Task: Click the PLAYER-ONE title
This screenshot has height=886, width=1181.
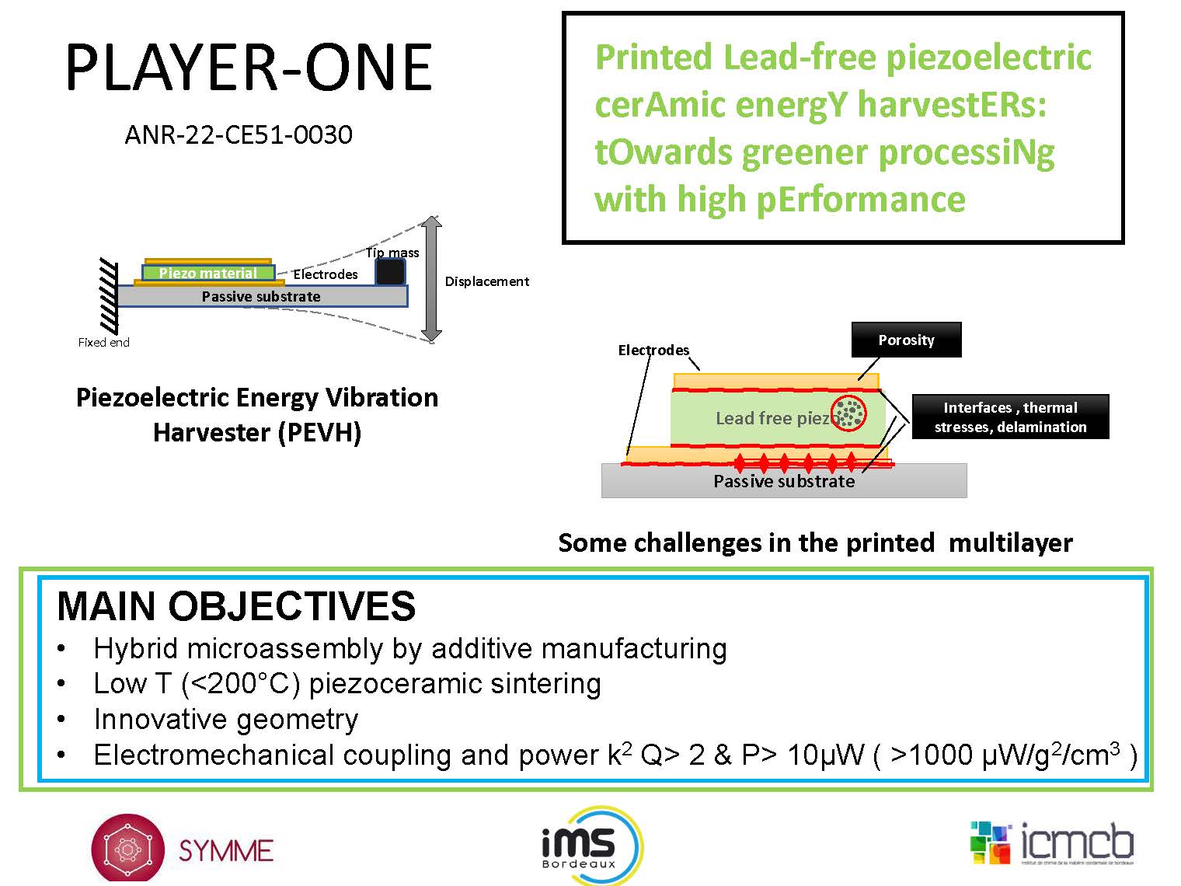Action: (249, 68)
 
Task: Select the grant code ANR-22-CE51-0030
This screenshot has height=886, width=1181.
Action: (239, 135)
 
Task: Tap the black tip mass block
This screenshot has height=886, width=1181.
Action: (390, 271)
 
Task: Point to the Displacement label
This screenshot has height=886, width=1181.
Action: (486, 281)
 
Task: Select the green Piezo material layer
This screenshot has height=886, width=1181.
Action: (208, 273)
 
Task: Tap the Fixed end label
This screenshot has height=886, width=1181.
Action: (103, 342)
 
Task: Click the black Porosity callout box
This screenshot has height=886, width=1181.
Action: (906, 340)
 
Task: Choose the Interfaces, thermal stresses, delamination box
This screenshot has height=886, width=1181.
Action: (1010, 417)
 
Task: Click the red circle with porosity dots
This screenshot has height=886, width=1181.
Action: (848, 413)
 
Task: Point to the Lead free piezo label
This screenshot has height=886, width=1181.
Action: (772, 419)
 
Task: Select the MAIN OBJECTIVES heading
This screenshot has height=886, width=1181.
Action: (236, 606)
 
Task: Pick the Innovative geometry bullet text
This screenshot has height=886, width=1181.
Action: (226, 719)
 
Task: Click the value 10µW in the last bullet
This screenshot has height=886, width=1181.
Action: (825, 755)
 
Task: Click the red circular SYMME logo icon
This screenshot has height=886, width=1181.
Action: (127, 849)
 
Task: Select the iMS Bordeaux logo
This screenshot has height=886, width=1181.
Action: (590, 846)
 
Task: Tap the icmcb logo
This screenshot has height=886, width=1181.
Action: (1052, 844)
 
